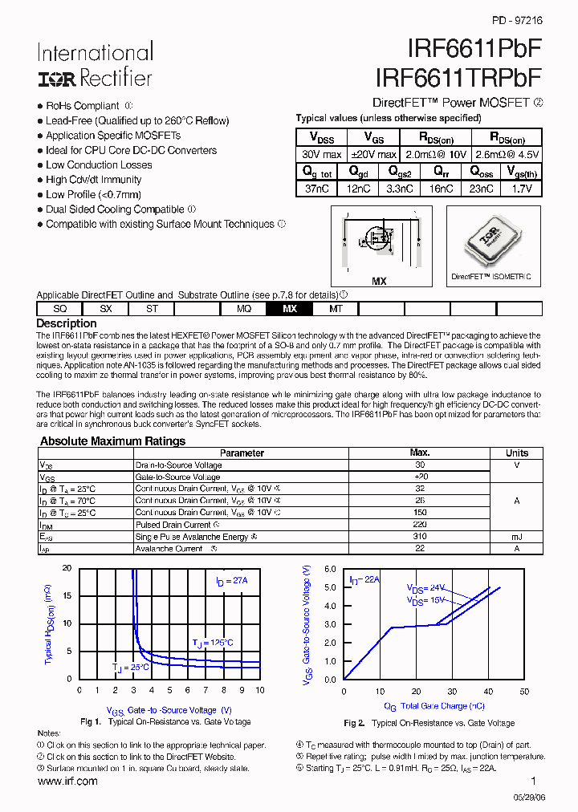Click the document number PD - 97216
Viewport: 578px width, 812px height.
(x=516, y=22)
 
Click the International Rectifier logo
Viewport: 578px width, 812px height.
(x=94, y=65)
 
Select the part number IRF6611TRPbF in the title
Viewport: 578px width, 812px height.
(x=458, y=77)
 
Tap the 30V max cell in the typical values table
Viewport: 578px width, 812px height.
(x=322, y=154)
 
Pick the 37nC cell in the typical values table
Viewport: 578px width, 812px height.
(x=315, y=189)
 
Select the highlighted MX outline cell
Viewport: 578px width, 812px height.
(x=290, y=309)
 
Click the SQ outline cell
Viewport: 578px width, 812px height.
(x=60, y=309)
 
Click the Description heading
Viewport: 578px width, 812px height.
(x=67, y=323)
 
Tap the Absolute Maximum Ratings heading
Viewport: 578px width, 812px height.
(x=112, y=441)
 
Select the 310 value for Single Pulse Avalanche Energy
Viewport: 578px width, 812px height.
(x=419, y=537)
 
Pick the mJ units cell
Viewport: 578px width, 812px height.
(x=516, y=537)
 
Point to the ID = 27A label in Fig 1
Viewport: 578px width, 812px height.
(x=232, y=581)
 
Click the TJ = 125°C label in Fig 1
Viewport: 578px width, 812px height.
(x=213, y=643)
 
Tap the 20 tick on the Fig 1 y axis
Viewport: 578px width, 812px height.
(x=67, y=568)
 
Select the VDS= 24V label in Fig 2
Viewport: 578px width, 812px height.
(x=425, y=587)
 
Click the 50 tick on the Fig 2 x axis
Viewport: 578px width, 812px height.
(x=524, y=691)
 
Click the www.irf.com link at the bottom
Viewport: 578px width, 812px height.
(x=67, y=781)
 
